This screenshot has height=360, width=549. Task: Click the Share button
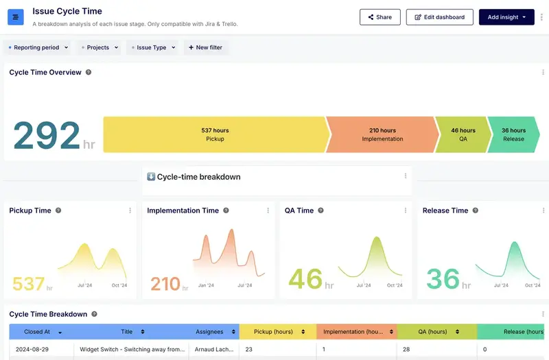tap(379, 17)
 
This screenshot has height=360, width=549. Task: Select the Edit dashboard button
tap(439, 17)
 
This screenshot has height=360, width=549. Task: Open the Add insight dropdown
tap(506, 17)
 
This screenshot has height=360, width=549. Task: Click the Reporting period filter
tap(38, 48)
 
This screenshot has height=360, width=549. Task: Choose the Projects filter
tap(99, 48)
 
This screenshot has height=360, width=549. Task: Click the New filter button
tap(205, 48)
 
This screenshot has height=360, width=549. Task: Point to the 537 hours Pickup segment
tap(215, 134)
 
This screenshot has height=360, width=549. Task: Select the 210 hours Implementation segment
tap(382, 134)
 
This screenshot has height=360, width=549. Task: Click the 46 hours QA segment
tap(463, 134)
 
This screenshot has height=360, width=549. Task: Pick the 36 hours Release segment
tap(513, 134)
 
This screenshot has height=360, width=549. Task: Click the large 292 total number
tap(47, 136)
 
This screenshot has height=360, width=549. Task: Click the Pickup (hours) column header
tap(273, 332)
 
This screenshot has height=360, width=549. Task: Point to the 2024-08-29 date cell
tap(32, 350)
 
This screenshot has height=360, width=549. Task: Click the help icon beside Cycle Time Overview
tap(89, 73)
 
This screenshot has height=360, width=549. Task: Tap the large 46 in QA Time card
tap(305, 279)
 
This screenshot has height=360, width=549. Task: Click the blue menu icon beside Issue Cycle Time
tap(16, 17)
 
